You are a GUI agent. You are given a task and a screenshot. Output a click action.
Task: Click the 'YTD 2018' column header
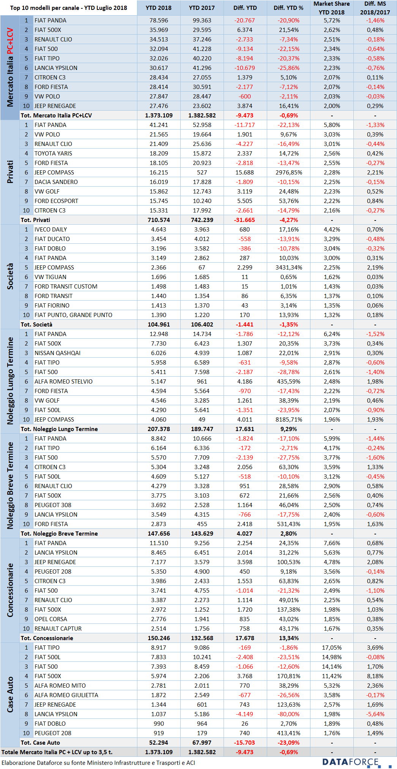coord(159,8)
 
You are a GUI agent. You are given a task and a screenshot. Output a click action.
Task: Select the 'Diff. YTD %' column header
coord(288,8)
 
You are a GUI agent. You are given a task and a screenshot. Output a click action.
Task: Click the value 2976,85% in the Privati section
coord(289,173)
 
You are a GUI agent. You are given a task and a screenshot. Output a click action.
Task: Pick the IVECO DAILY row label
coord(50,230)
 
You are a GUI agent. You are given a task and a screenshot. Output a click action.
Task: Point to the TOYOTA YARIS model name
coord(53,154)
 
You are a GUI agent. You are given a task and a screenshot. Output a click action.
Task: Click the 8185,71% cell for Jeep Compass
coord(289,420)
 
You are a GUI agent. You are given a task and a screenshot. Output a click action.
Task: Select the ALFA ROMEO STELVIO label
coord(63,382)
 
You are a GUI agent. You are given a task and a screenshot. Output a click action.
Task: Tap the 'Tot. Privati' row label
coord(35,220)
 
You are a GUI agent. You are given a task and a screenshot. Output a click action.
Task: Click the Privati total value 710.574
coord(159,220)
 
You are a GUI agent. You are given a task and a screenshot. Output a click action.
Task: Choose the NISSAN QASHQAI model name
coord(57,353)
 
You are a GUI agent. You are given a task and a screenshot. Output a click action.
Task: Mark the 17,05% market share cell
coord(332,648)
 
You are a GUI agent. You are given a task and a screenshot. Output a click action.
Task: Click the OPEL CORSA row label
coord(50,619)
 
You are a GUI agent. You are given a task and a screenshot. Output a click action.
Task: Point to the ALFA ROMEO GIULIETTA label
coord(66,695)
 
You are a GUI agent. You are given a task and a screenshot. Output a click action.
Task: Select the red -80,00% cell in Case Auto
coord(289,714)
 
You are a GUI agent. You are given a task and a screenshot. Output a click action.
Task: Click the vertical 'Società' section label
coord(10,276)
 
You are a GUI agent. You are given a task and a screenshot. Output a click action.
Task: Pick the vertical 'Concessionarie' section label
coord(10,590)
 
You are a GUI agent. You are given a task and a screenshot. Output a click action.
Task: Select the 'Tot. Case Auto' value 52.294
coord(159,743)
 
